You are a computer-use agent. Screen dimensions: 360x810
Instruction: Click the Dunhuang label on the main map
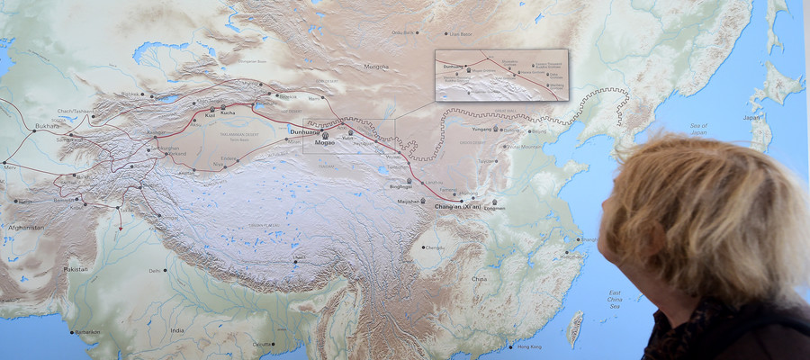304,132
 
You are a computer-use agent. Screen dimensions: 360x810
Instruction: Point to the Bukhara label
48,126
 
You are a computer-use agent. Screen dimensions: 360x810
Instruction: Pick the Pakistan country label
76,269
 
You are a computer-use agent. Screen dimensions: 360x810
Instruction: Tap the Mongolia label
376,67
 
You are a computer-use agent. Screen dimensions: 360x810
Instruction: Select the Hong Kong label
529,346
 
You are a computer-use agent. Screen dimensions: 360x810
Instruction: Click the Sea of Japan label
698,129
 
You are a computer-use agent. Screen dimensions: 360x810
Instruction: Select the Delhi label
154,270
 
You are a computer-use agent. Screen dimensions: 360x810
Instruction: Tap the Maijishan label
409,202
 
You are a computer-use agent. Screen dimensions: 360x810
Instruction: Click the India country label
177,330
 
